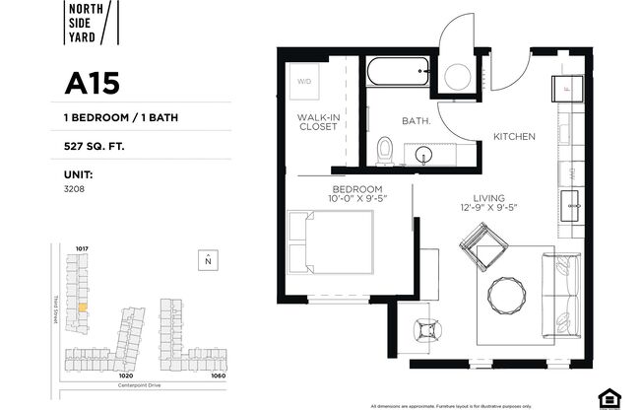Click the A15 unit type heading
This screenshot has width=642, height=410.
click(93, 83)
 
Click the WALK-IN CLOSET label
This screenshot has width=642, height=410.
click(318, 121)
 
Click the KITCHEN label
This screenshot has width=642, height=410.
click(513, 137)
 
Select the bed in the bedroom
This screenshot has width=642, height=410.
click(332, 242)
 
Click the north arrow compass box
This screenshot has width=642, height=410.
click(207, 260)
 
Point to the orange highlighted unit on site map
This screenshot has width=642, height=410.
click(83, 307)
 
